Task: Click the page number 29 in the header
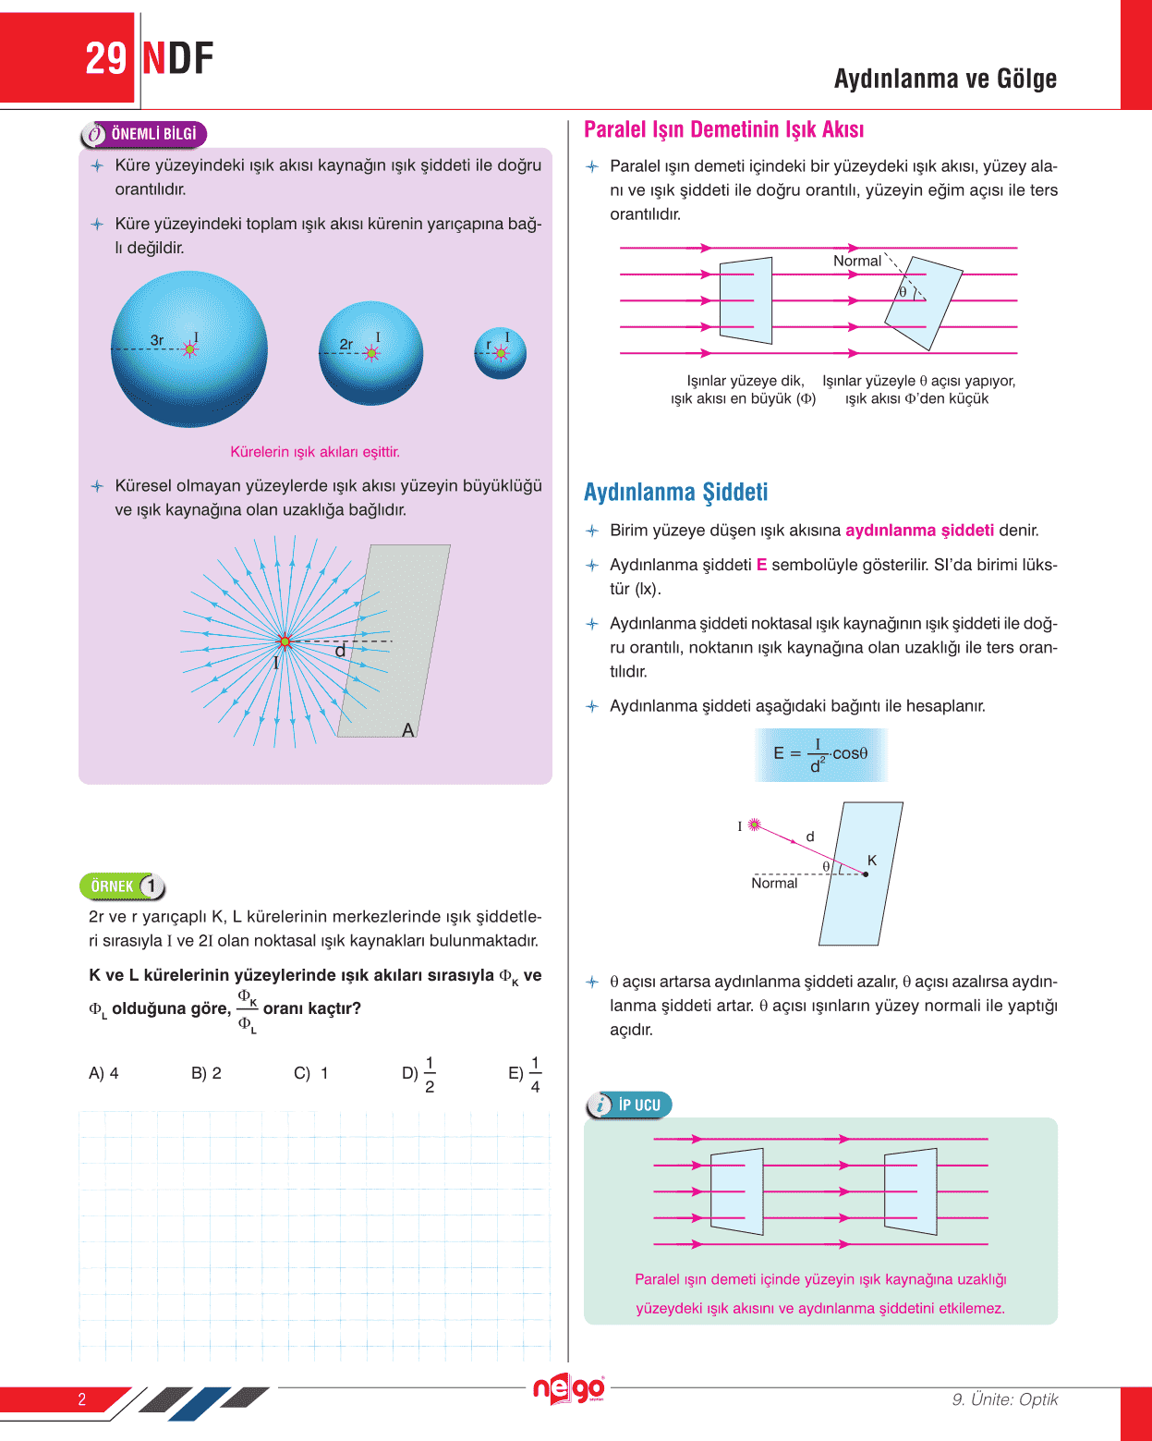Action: point(105,59)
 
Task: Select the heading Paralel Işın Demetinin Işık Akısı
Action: point(723,130)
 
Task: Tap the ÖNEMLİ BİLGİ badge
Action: point(144,134)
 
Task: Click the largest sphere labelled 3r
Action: point(189,349)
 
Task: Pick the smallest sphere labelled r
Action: point(500,352)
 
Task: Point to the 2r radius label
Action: point(346,344)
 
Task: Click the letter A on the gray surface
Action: point(408,730)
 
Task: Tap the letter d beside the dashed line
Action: point(340,651)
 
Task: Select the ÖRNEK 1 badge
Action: point(123,886)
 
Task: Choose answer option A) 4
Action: point(103,1073)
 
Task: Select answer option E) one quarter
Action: point(525,1074)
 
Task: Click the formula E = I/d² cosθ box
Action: point(820,754)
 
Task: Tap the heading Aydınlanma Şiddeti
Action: point(675,492)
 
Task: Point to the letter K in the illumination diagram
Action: point(871,861)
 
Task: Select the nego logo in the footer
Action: point(568,1388)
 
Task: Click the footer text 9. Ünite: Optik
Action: point(1004,1399)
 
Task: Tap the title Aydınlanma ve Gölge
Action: point(945,79)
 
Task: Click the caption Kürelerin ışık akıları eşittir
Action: point(315,452)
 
